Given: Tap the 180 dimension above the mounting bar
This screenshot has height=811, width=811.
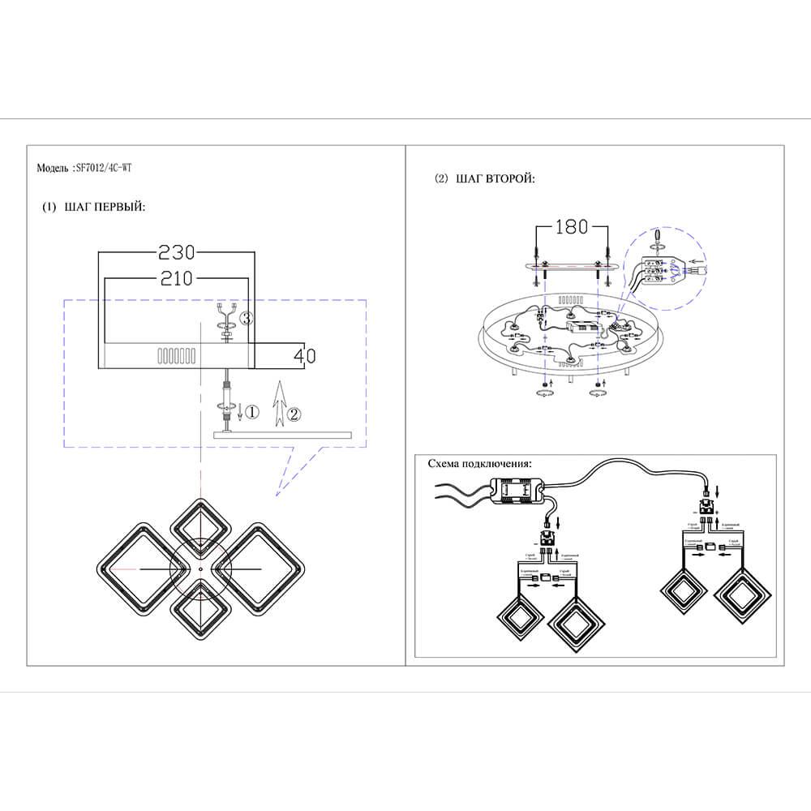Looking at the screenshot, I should [571, 227].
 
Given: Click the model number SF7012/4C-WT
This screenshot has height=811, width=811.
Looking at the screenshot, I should [104, 169].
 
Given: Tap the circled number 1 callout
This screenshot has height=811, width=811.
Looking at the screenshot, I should [251, 413].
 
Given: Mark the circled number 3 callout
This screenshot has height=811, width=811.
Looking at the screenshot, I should [247, 319].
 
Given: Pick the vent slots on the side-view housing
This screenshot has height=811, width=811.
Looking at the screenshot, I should [175, 355].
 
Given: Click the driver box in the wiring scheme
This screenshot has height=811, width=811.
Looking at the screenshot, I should [519, 491].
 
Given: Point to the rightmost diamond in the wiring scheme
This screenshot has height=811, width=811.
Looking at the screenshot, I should [744, 596].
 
